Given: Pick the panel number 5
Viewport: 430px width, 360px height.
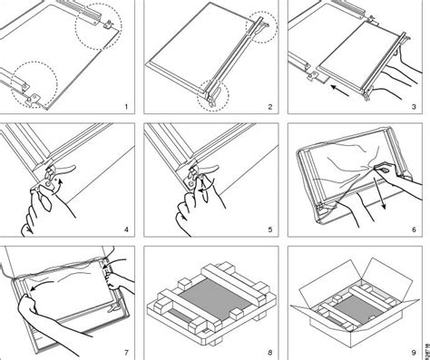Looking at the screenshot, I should pyautogui.click(x=269, y=229).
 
